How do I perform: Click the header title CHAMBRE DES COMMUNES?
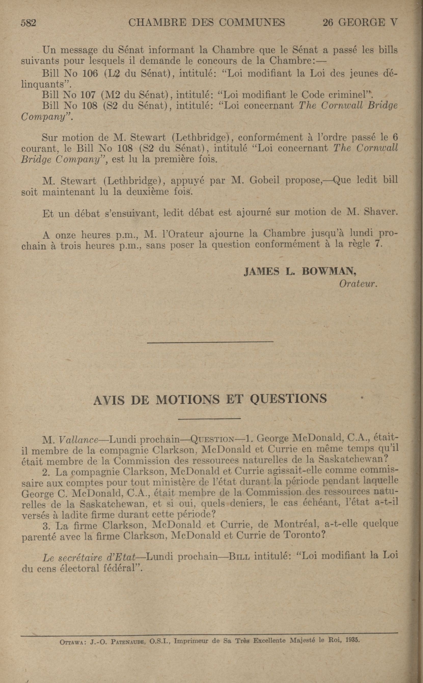[x=207, y=22]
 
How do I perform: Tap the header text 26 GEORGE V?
[x=360, y=22]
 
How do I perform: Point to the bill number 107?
[x=88, y=95]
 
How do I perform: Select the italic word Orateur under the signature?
[x=358, y=284]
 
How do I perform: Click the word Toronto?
[x=305, y=535]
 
